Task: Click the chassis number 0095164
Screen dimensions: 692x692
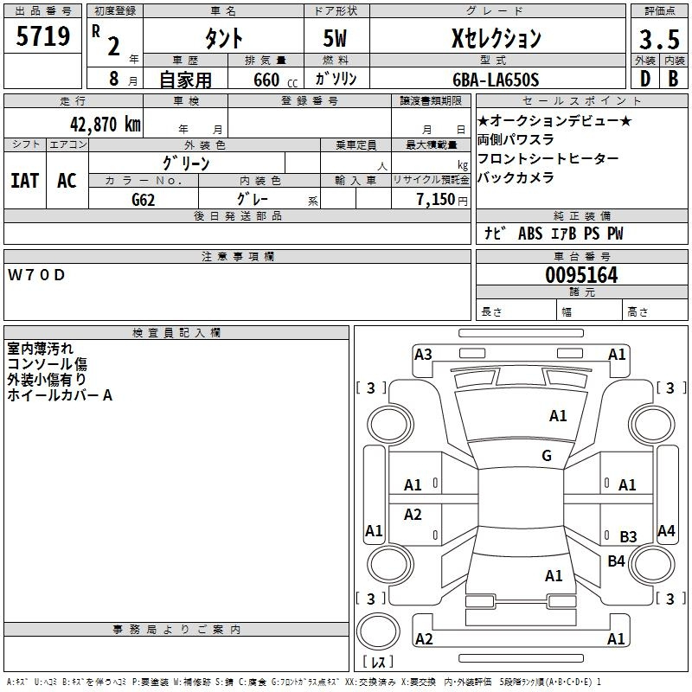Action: (581, 276)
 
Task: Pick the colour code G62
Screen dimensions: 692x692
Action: (143, 200)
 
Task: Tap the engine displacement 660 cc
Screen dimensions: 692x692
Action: (268, 80)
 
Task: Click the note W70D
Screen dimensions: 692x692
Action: (36, 275)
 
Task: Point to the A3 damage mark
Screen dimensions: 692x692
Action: (423, 354)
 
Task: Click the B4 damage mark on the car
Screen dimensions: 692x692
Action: (616, 561)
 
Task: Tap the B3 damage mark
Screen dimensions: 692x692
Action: (628, 537)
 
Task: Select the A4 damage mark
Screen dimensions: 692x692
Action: (666, 531)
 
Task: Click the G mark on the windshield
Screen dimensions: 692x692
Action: (546, 456)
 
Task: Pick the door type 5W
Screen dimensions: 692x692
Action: (336, 38)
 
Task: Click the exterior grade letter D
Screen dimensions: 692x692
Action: (644, 79)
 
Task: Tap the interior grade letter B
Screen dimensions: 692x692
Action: (673, 79)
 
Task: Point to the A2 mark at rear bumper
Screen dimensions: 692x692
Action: (424, 639)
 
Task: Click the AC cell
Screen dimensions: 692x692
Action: (67, 181)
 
